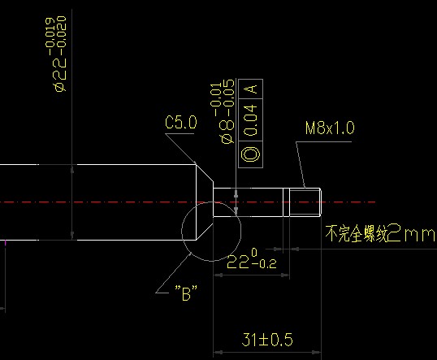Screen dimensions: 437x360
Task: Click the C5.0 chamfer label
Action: [x=181, y=122]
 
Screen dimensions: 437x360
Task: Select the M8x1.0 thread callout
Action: [x=330, y=128]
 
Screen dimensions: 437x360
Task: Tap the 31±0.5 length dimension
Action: [x=267, y=340]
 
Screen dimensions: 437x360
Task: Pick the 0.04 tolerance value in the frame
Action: [x=250, y=120]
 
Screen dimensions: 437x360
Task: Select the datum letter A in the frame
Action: [x=250, y=89]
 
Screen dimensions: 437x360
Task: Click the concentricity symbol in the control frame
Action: [x=250, y=154]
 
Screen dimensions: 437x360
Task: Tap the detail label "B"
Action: [x=186, y=293]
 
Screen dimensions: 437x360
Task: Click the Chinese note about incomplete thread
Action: [x=380, y=233]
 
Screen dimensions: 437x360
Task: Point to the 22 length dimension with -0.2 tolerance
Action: [x=252, y=259]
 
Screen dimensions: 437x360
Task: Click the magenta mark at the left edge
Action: [x=5, y=243]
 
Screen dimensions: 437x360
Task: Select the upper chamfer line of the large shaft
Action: [x=205, y=173]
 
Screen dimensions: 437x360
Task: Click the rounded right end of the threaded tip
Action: [x=321, y=202]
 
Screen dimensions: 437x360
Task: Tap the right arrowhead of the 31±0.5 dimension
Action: [x=317, y=352]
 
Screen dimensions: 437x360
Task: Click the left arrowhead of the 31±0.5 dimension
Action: [x=218, y=352]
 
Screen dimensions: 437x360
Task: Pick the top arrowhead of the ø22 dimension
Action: [x=72, y=169]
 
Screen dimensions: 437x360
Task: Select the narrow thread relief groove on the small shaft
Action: [x=286, y=202]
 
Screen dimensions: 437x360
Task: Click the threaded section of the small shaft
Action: [x=305, y=202]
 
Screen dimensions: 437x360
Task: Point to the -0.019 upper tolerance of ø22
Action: [x=50, y=36]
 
